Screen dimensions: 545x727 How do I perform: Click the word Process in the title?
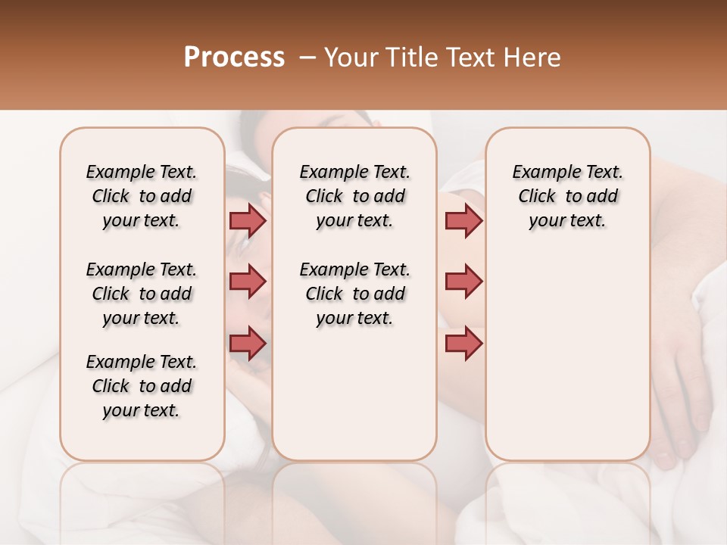[x=234, y=57]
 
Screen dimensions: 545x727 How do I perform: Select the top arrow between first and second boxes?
[x=248, y=220]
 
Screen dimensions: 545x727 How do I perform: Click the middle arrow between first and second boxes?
[x=248, y=282]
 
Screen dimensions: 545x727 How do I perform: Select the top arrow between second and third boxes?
[x=463, y=220]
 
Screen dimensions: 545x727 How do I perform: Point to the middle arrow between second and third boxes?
[x=463, y=282]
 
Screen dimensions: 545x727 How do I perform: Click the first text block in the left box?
[x=142, y=196]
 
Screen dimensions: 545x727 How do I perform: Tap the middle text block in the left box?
[x=142, y=294]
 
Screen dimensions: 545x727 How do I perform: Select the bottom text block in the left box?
[x=142, y=386]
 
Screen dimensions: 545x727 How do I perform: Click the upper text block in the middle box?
[x=354, y=196]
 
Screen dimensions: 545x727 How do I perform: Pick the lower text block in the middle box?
[x=354, y=294]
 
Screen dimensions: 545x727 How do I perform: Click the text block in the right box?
[x=567, y=196]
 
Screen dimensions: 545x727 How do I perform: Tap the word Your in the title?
[x=351, y=57]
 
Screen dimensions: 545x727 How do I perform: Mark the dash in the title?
[x=307, y=57]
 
